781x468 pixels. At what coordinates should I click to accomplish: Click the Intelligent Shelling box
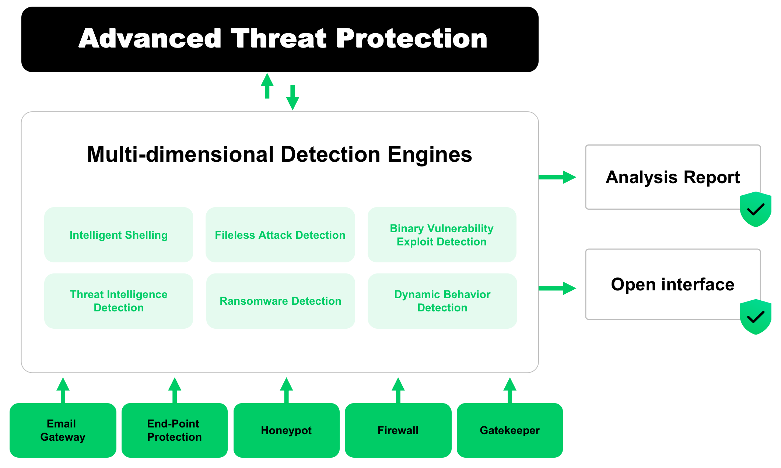pyautogui.click(x=118, y=235)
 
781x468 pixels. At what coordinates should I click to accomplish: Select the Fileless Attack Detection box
pyautogui.click(x=280, y=235)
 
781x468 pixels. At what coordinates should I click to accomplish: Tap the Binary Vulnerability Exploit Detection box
pyautogui.click(x=442, y=235)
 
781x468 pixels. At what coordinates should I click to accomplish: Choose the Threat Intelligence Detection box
pyautogui.click(x=118, y=301)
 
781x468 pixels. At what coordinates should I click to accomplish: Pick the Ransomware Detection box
pyautogui.click(x=280, y=301)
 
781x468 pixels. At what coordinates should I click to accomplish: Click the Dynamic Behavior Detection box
pyautogui.click(x=442, y=301)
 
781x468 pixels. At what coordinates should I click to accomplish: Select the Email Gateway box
pyautogui.click(x=63, y=430)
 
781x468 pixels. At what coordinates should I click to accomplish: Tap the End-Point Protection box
pyautogui.click(x=174, y=430)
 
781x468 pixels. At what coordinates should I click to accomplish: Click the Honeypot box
pyautogui.click(x=286, y=430)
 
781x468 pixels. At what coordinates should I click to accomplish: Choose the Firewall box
pyautogui.click(x=398, y=430)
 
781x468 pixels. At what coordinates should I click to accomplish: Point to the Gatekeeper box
pyautogui.click(x=509, y=430)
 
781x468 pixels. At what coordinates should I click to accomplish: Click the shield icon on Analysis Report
pyautogui.click(x=755, y=209)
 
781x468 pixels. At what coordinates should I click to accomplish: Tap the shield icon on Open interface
pyautogui.click(x=755, y=317)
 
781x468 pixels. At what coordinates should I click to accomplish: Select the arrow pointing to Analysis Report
pyautogui.click(x=557, y=177)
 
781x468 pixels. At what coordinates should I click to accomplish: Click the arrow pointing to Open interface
pyautogui.click(x=557, y=288)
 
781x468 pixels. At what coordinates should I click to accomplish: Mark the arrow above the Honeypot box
pyautogui.click(x=286, y=390)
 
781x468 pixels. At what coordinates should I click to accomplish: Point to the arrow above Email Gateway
pyautogui.click(x=63, y=390)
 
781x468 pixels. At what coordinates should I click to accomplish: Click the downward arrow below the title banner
pyautogui.click(x=293, y=97)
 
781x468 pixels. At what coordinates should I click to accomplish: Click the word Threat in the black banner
pyautogui.click(x=279, y=38)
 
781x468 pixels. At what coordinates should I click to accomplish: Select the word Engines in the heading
pyautogui.click(x=430, y=154)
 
